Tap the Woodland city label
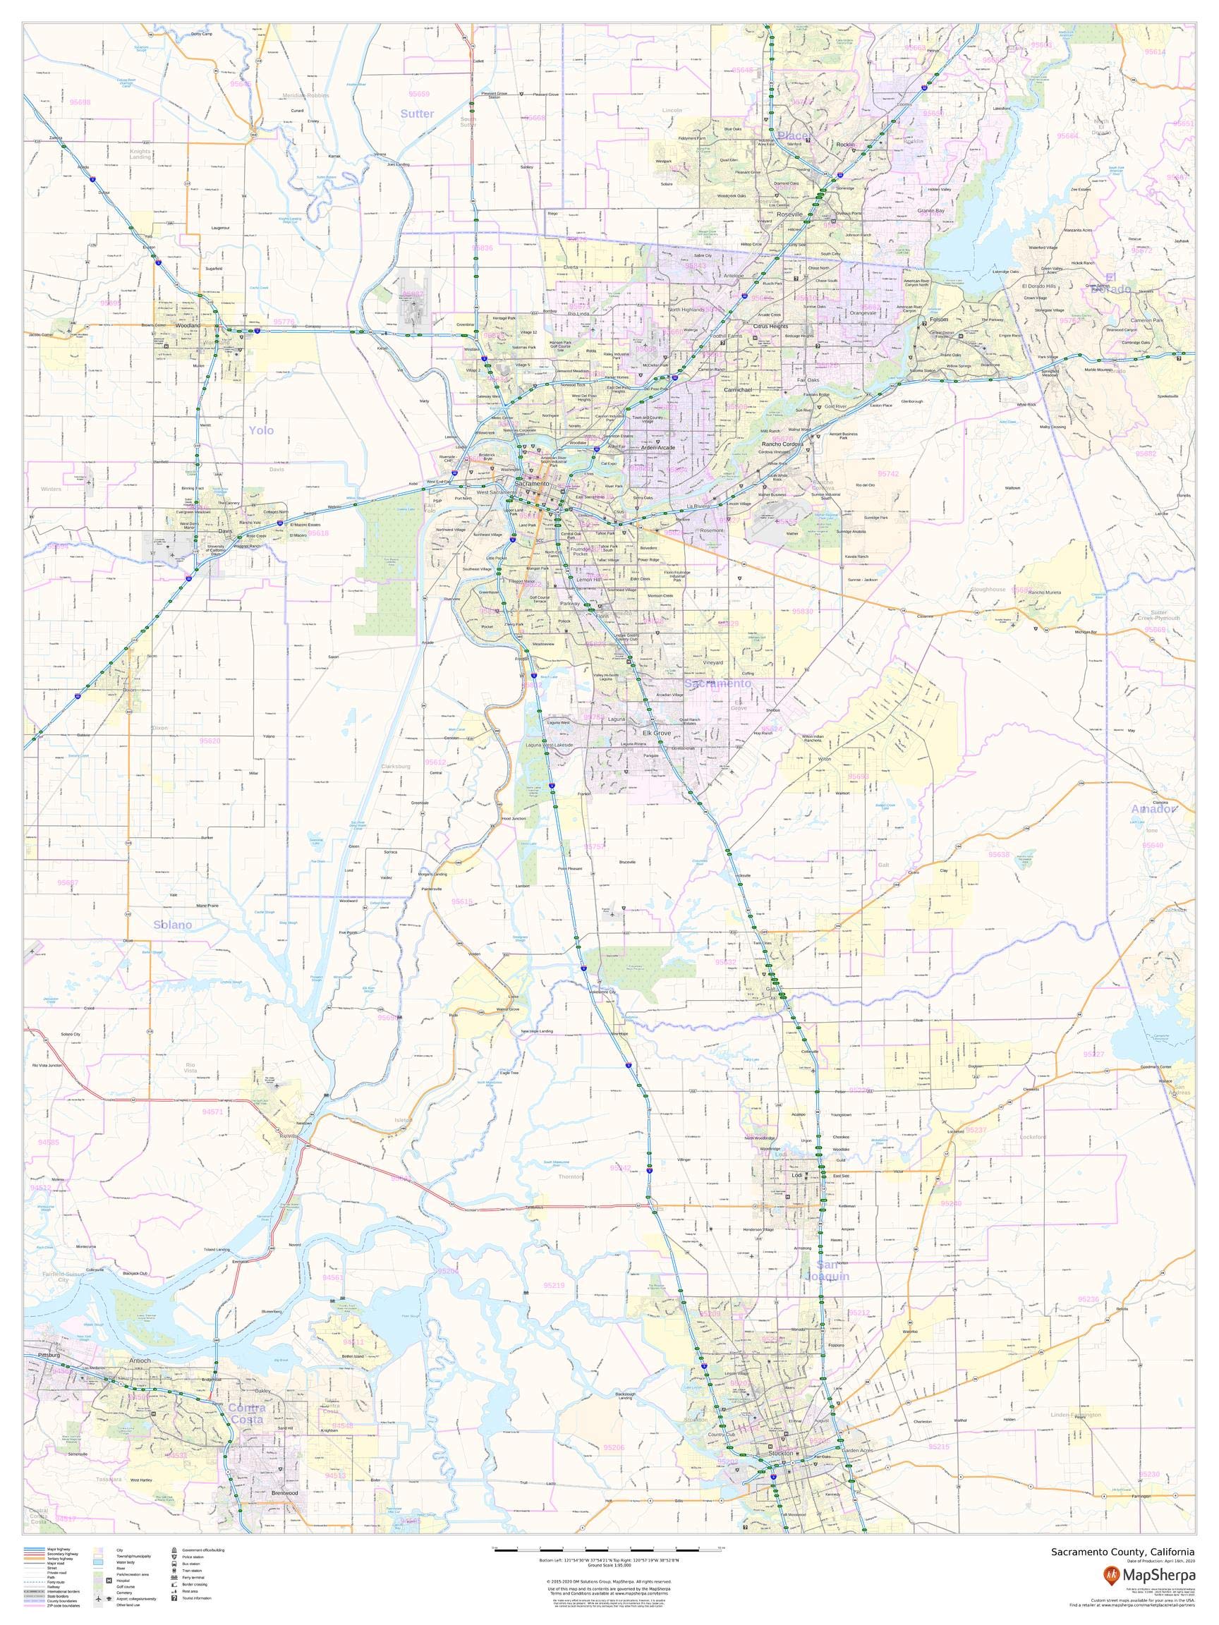coord(188,324)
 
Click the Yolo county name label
coord(260,430)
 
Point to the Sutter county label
coord(417,114)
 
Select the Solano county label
coord(173,925)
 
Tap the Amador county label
coord(1153,809)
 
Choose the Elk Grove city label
coord(656,734)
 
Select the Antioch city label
coord(140,1361)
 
